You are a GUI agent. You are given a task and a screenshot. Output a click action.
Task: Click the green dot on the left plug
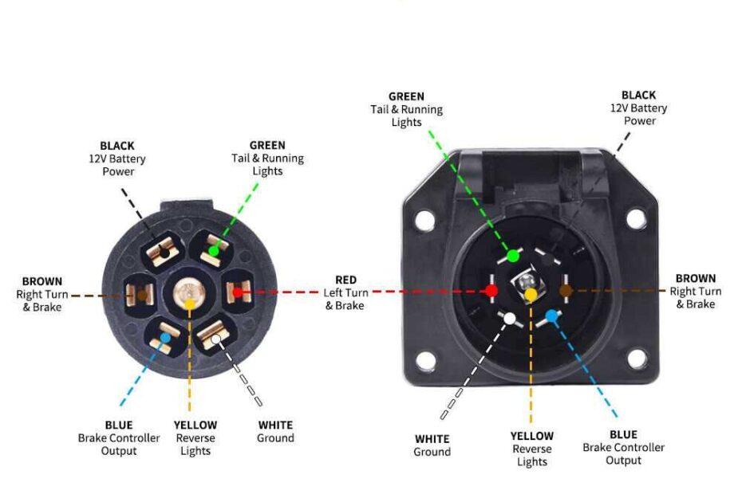tap(214, 252)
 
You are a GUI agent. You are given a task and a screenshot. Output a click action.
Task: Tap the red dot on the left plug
tap(237, 292)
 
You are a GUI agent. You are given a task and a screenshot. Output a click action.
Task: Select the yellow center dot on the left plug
tap(190, 303)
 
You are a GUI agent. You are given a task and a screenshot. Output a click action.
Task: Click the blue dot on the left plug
tap(164, 338)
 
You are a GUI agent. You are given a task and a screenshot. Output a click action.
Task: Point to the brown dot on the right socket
tap(566, 291)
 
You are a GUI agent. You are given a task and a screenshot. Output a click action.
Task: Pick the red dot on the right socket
tap(491, 291)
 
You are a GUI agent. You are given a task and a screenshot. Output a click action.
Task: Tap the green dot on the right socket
tap(513, 256)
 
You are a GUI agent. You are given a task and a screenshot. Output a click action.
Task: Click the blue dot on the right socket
tap(551, 316)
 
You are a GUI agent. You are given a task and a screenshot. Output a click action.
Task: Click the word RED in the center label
tap(345, 280)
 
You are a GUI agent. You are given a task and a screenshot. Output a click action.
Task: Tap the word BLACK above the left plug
tap(117, 146)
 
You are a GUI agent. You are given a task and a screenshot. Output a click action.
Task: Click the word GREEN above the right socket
tap(406, 96)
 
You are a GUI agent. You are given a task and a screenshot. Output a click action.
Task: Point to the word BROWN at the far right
tap(696, 278)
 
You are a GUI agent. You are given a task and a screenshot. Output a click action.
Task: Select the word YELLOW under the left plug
tap(195, 425)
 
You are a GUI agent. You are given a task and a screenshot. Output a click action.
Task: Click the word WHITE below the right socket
tap(432, 439)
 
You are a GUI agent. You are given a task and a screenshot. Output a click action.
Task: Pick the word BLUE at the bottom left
tap(119, 425)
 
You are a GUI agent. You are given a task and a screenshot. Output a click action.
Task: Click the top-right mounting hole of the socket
tap(636, 217)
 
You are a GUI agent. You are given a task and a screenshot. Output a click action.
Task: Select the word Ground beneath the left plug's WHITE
tap(275, 438)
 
